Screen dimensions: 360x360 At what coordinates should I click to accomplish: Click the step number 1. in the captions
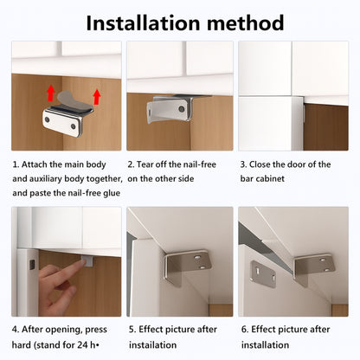coord(16,164)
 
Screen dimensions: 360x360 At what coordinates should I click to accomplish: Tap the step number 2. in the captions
coord(131,164)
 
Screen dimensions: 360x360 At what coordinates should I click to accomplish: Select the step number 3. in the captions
coord(244,164)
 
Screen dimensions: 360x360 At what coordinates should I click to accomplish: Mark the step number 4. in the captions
coord(16,329)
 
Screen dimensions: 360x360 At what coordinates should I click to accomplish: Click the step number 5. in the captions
coord(131,329)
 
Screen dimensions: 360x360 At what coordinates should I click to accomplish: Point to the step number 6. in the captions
coord(244,329)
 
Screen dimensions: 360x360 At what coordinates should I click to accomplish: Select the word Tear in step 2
coord(149,164)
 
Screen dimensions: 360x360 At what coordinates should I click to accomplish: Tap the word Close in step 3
coord(265,164)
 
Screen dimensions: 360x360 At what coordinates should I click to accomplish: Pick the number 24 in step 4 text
coord(94,344)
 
